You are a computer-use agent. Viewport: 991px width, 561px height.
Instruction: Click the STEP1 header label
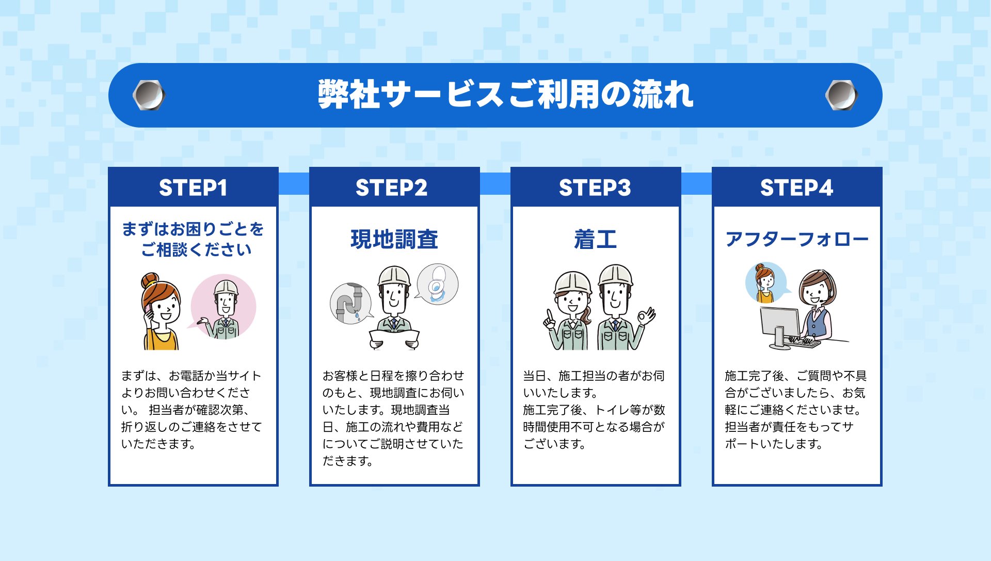193,188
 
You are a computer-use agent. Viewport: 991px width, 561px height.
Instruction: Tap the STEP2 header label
391,188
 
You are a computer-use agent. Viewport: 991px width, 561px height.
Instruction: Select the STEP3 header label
595,188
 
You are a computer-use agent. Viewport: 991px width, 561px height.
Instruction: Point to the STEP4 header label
796,188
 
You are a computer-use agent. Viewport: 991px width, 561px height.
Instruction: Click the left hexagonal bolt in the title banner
149,95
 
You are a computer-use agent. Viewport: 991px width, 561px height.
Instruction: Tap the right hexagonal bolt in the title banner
841,95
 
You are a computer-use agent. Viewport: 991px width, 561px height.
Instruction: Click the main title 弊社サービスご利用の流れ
505,95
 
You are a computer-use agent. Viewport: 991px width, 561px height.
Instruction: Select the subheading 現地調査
394,239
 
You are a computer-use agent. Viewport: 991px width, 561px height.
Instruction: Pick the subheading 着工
595,239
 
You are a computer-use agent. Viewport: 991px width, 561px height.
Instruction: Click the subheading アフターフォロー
796,239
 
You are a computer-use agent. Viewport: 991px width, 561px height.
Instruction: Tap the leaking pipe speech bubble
351,303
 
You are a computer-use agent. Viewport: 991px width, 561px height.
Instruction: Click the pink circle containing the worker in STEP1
223,306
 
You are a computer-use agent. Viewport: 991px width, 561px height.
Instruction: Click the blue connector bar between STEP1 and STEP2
294,183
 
